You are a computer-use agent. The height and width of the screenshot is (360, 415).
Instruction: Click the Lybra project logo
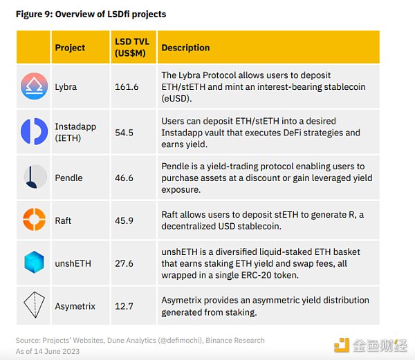point(33,86)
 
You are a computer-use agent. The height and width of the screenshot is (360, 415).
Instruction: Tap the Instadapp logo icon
point(33,131)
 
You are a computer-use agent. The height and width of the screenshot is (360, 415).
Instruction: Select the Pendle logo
point(33,178)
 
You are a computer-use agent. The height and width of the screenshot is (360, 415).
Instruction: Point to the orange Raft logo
point(33,220)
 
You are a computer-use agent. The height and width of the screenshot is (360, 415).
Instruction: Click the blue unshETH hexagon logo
point(33,263)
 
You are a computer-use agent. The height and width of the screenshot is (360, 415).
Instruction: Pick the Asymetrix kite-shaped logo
point(33,305)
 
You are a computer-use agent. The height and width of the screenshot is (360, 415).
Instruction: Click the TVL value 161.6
point(126,87)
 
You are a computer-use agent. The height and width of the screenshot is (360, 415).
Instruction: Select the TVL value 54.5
point(124,132)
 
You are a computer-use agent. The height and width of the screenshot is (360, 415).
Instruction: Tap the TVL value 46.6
point(124,178)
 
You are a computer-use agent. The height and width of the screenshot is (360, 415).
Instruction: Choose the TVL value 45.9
point(124,220)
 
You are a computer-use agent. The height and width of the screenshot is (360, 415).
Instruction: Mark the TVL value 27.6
point(124,263)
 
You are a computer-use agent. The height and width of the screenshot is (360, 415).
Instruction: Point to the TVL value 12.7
point(124,305)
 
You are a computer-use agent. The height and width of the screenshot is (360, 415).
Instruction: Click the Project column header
point(70,48)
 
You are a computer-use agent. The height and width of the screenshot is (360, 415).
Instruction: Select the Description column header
point(185,48)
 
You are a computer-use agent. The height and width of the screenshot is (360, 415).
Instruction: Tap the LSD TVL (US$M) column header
point(131,48)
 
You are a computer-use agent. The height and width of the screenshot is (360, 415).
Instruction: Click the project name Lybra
point(66,87)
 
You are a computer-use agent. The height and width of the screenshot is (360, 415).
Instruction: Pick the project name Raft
point(63,220)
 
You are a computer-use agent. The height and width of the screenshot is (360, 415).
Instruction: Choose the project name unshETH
point(73,263)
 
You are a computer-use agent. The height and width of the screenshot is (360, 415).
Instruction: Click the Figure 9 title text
point(91,14)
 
